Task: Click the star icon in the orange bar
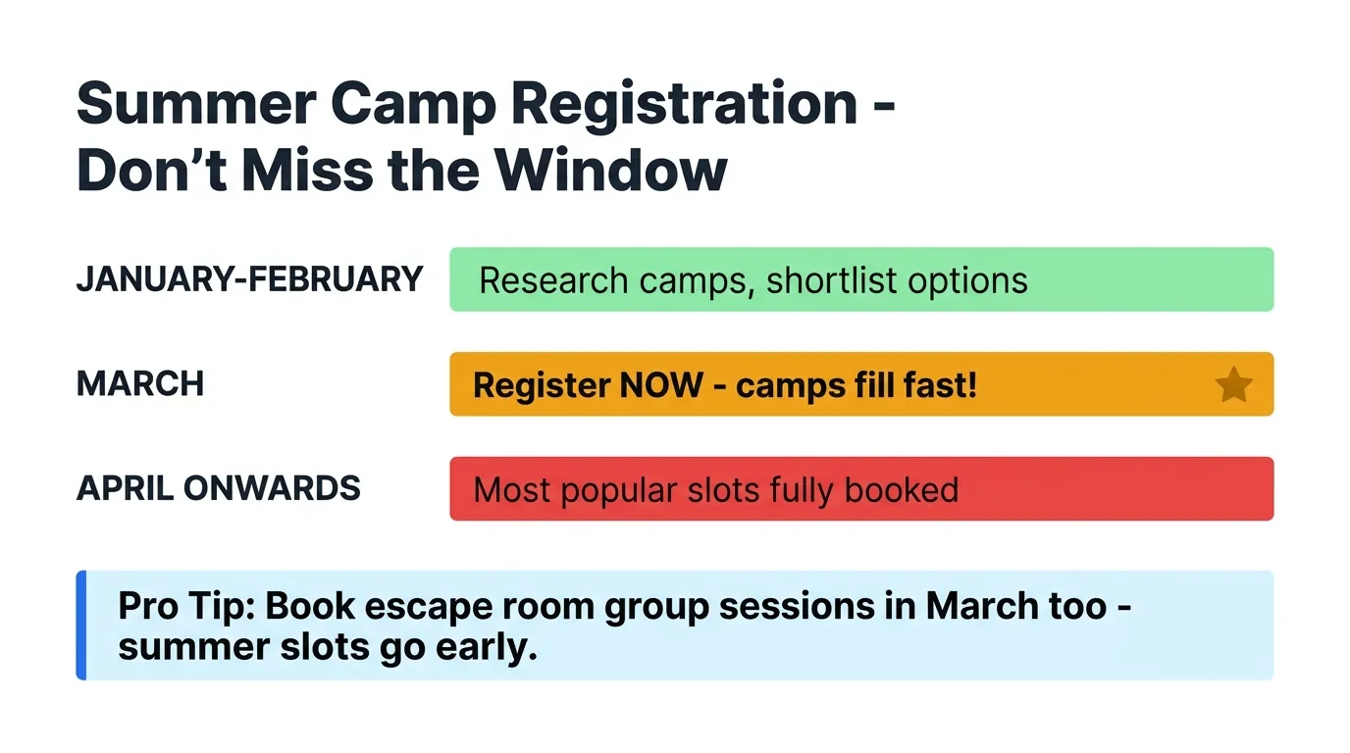click(x=1233, y=385)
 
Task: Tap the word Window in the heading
click(x=610, y=171)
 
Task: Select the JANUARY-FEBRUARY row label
click(x=249, y=279)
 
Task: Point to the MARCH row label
click(x=140, y=384)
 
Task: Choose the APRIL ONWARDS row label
click(x=218, y=488)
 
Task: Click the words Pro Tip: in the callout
click(x=186, y=606)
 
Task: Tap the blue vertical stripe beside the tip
click(x=81, y=625)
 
